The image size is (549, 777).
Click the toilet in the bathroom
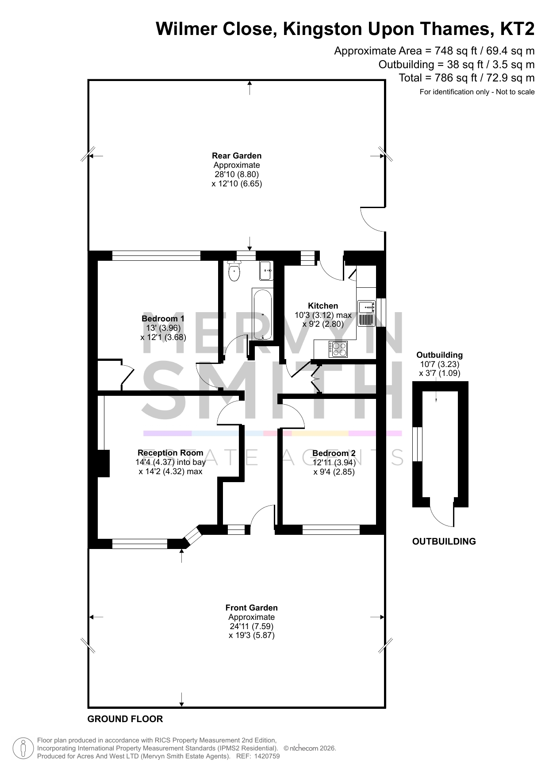(x=234, y=271)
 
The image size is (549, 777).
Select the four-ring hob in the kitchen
(x=338, y=349)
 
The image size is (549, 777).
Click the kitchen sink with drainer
(x=366, y=313)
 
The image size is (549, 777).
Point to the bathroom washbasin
(x=265, y=271)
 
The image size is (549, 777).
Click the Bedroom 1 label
(x=163, y=318)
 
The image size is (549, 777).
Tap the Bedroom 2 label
(x=334, y=453)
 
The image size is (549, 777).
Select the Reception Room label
(x=170, y=452)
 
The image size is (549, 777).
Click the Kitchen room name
(x=323, y=305)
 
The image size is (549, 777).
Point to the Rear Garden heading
(x=237, y=155)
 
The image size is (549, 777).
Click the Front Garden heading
(x=252, y=607)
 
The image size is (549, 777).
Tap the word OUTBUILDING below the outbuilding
(x=444, y=541)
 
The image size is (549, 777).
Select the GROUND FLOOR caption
(x=125, y=719)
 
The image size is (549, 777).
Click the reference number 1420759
(x=264, y=756)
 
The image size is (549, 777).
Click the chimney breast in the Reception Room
(x=103, y=464)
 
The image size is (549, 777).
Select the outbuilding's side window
(x=418, y=444)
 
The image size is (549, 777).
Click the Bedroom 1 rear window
(x=156, y=255)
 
